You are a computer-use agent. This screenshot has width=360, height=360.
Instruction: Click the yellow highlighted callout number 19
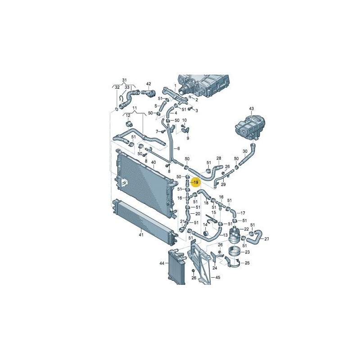coord(196,182)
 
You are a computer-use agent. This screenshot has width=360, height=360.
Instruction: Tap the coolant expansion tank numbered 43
coord(251,127)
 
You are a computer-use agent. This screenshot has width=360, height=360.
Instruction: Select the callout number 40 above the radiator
coord(153,162)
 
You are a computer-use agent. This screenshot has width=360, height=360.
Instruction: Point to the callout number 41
coord(141,234)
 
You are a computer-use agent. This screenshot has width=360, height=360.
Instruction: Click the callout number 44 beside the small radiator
coord(162,263)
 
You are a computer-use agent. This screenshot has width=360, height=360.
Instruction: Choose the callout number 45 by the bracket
coord(218,277)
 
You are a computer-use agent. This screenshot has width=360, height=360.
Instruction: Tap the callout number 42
coord(149,84)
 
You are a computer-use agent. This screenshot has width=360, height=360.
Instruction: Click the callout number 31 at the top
coord(124,80)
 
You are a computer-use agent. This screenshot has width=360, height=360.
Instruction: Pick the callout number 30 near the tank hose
coord(245,151)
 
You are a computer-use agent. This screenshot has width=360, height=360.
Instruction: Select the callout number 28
coord(219,158)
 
